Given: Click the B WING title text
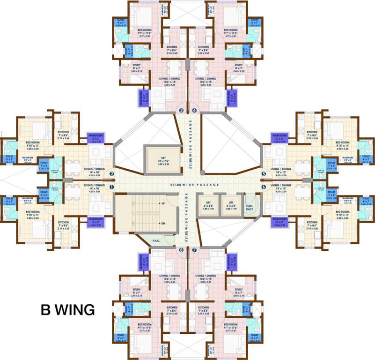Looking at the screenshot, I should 67,310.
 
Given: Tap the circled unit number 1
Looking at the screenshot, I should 111,187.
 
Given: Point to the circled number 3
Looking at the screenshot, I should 182,111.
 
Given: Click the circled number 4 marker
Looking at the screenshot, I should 194,111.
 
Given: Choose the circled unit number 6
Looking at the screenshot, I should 264,187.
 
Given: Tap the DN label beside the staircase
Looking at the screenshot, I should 162,224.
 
